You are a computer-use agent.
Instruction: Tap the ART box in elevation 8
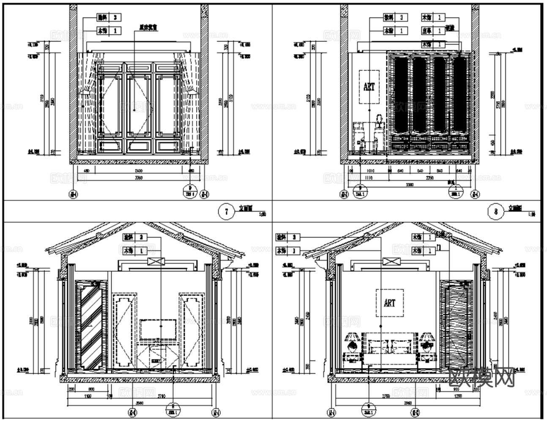click(369, 87)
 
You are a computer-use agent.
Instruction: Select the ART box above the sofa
click(389, 303)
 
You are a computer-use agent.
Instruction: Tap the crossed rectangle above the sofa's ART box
click(389, 261)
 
